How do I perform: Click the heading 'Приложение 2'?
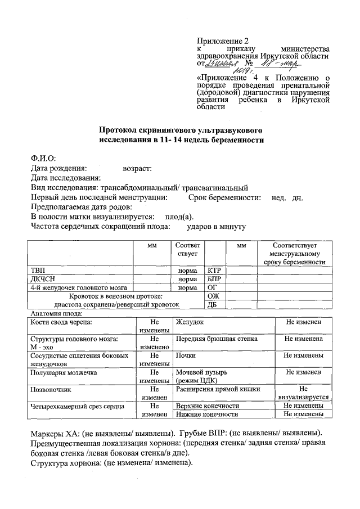[x=222, y=41]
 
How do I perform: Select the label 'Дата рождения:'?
[x=58, y=168]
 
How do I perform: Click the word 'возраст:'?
[x=137, y=168]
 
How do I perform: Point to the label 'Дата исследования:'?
[x=65, y=178]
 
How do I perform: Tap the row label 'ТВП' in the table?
[x=38, y=271]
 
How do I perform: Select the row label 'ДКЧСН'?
[x=42, y=279]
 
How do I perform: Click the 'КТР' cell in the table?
[x=214, y=271]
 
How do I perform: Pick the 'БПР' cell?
[x=214, y=279]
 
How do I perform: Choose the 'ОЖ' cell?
[x=213, y=296]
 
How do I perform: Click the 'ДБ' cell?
[x=213, y=305]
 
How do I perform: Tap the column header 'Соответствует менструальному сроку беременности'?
[x=291, y=254]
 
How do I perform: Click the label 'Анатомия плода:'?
[x=57, y=313]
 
